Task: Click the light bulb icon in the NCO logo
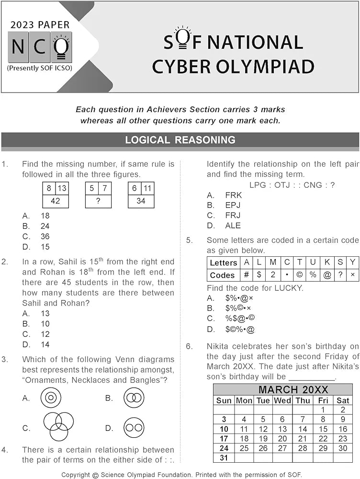61,46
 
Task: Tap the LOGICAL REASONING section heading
180,140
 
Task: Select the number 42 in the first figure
56,201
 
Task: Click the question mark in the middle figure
98,201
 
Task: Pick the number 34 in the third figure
141,201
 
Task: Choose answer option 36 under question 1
45,237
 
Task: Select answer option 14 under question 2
45,344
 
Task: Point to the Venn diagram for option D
134,428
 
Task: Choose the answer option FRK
234,195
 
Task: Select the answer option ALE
233,226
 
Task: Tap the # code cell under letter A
247,275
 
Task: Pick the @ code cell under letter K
327,275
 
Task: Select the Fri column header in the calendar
323,400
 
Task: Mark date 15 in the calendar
323,429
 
